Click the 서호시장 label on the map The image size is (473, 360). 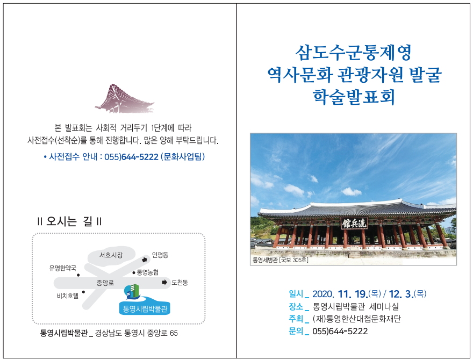point(111,255)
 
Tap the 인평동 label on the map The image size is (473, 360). point(160,255)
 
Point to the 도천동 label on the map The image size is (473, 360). point(180,283)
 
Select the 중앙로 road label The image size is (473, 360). point(105,283)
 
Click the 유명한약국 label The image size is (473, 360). point(63,268)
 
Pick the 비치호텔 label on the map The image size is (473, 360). point(68,296)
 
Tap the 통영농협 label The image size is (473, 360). point(147,272)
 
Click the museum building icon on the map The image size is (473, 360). point(132,292)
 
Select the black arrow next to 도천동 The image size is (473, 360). point(164,283)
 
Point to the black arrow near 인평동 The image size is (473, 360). point(145,260)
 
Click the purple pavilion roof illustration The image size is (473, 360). point(125,98)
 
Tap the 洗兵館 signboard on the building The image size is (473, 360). point(354,224)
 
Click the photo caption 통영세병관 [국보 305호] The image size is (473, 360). point(280,260)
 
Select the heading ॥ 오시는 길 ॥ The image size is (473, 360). point(69,221)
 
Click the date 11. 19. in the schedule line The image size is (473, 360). point(353,294)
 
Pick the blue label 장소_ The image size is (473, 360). point(299,307)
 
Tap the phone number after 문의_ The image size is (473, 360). point(340,332)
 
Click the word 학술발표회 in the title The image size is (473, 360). point(354,97)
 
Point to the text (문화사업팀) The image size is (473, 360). point(183,156)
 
